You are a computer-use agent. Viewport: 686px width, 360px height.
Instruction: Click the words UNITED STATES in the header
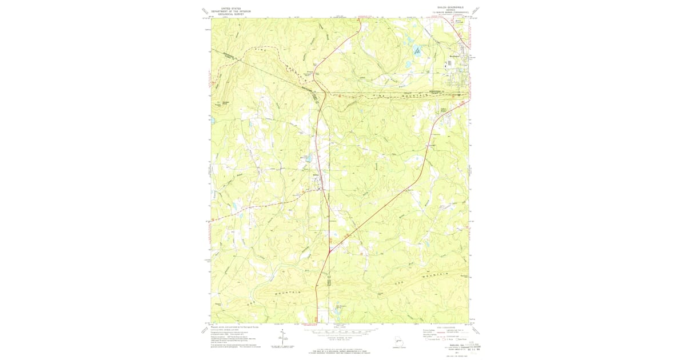pos(232,8)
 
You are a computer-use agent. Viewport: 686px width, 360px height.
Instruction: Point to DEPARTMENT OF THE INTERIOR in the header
pos(232,11)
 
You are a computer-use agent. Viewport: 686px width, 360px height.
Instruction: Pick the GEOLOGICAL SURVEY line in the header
pos(232,14)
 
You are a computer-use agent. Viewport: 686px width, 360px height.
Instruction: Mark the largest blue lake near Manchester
pos(418,51)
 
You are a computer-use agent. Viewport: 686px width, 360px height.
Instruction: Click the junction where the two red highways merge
pos(330,250)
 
